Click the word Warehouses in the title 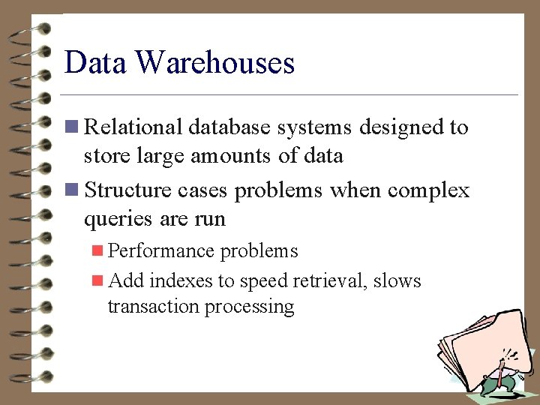(x=215, y=62)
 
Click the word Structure (x=128, y=190)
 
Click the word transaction (x=154, y=306)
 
